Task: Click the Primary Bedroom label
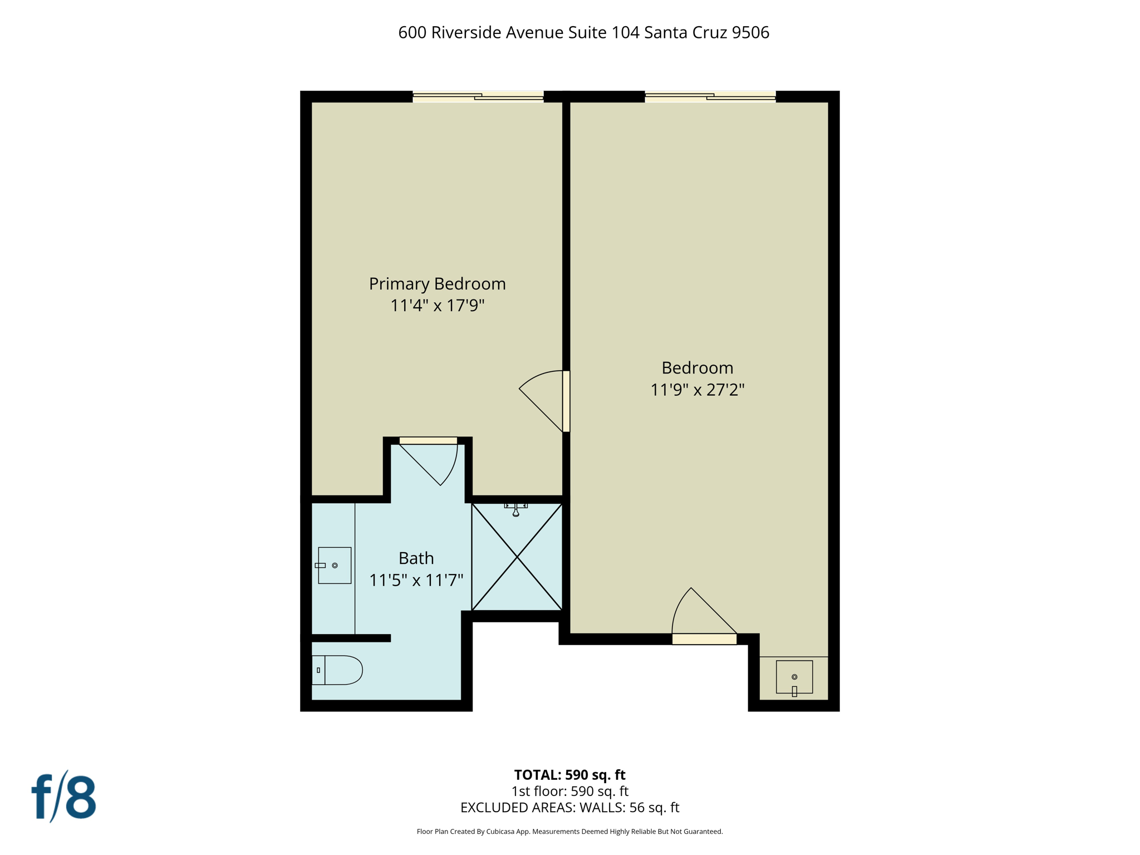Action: (437, 284)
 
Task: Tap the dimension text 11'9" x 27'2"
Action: (697, 390)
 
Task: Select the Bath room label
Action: (416, 558)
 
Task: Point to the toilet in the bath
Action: (337, 670)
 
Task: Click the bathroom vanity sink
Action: (335, 565)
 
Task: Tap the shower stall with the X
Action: (517, 557)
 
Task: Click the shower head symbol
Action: (516, 509)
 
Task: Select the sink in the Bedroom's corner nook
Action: (794, 677)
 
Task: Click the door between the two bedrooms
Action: (566, 401)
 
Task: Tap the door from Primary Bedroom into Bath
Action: (428, 441)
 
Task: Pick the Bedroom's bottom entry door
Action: (704, 639)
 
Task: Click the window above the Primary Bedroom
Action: (478, 96)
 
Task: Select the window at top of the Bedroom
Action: (710, 96)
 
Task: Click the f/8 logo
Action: (63, 797)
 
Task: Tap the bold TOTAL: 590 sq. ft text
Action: (569, 775)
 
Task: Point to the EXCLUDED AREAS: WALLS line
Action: (569, 808)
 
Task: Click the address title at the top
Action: (583, 33)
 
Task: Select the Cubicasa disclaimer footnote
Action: (569, 832)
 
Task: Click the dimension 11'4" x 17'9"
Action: (437, 306)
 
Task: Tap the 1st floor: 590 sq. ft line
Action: (569, 791)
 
